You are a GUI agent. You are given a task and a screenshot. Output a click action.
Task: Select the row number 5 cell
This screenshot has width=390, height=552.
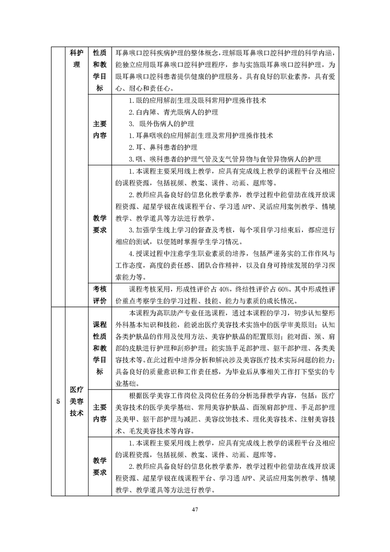coord(58,401)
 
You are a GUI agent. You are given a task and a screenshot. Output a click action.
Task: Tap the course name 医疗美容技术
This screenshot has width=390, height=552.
coord(77,401)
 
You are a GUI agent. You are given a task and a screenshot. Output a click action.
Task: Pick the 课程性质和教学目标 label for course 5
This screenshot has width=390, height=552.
coord(100,348)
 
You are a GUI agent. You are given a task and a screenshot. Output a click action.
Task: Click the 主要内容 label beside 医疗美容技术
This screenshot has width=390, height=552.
coord(100,413)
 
